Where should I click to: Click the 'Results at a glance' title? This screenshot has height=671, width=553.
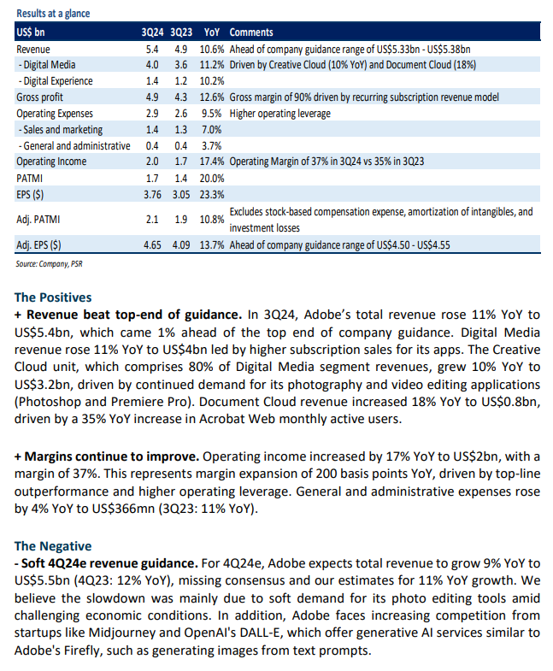(x=53, y=14)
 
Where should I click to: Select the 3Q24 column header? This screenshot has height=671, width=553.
(x=152, y=32)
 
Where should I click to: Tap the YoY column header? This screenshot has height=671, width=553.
(x=211, y=32)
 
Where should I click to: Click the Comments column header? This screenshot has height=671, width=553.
(x=251, y=32)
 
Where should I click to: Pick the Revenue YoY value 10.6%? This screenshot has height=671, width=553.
(x=212, y=50)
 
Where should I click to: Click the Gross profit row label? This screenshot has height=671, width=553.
(x=40, y=97)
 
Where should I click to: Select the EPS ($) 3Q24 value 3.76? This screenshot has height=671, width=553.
(x=152, y=195)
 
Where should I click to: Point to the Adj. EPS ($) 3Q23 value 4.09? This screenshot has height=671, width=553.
(x=181, y=245)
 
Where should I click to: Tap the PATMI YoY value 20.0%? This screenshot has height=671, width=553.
(x=212, y=179)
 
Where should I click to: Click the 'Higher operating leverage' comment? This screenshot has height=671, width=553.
(x=280, y=114)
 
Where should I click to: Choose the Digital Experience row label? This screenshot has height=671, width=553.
(x=56, y=81)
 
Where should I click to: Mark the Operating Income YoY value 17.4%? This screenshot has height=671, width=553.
(x=212, y=162)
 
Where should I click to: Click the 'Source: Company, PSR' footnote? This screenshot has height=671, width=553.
(x=50, y=264)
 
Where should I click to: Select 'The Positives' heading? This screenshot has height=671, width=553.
(x=53, y=297)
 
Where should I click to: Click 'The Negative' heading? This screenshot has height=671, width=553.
(x=53, y=546)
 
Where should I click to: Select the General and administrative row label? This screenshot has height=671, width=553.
(x=74, y=146)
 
